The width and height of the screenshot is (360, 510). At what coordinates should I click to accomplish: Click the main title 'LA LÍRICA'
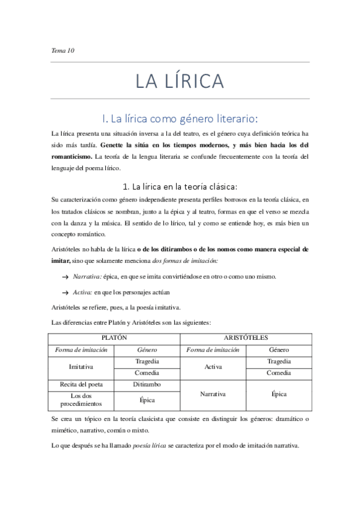180,81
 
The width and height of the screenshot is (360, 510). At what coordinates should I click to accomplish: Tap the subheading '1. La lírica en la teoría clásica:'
180,185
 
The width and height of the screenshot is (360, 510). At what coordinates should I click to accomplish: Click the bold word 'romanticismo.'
73,156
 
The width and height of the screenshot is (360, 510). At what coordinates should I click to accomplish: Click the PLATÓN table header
114,338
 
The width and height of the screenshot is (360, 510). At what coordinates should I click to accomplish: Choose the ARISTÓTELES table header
246,338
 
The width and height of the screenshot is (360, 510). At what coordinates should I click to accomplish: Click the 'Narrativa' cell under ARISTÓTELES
213,394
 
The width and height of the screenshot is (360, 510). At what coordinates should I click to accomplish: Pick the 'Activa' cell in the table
213,366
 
